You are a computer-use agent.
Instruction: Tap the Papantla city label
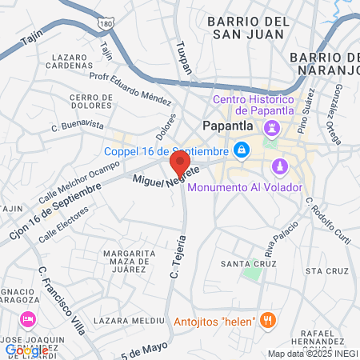(227, 126)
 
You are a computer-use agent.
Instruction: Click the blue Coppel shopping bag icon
(241, 150)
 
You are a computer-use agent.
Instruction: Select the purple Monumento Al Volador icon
(279, 166)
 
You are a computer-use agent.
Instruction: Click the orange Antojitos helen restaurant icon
(269, 321)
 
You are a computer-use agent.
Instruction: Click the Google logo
(26, 350)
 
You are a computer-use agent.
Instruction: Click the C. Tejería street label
(178, 256)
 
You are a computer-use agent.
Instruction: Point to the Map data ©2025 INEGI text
(311, 354)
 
